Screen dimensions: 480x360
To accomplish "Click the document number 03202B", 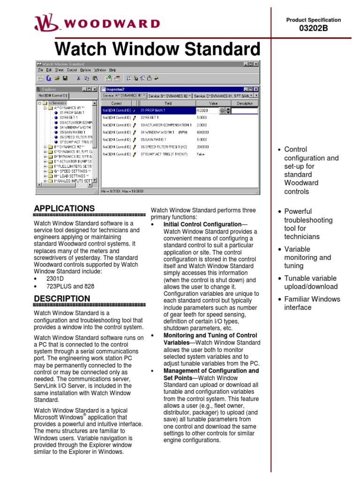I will point(314,29).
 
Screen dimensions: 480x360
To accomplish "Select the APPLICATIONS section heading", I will point(64,208).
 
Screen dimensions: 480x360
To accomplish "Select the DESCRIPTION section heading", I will point(62,299).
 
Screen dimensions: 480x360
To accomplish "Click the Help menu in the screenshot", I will point(112,70).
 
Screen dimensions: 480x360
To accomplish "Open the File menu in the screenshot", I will point(40,70).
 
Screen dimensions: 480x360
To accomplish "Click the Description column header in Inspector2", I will point(244,103).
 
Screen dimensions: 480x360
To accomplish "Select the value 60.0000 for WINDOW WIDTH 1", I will point(203,132).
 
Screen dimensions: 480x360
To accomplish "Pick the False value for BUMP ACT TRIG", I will point(201,154).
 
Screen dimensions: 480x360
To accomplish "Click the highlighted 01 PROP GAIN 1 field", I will point(166,111).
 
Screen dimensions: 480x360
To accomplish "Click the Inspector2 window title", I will point(115,89).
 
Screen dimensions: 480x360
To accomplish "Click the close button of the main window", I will point(255,64).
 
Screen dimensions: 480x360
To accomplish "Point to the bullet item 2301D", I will point(55,278).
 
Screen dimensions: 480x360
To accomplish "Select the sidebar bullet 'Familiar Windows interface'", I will point(312,303).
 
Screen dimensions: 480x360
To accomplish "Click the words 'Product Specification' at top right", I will point(314,20).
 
